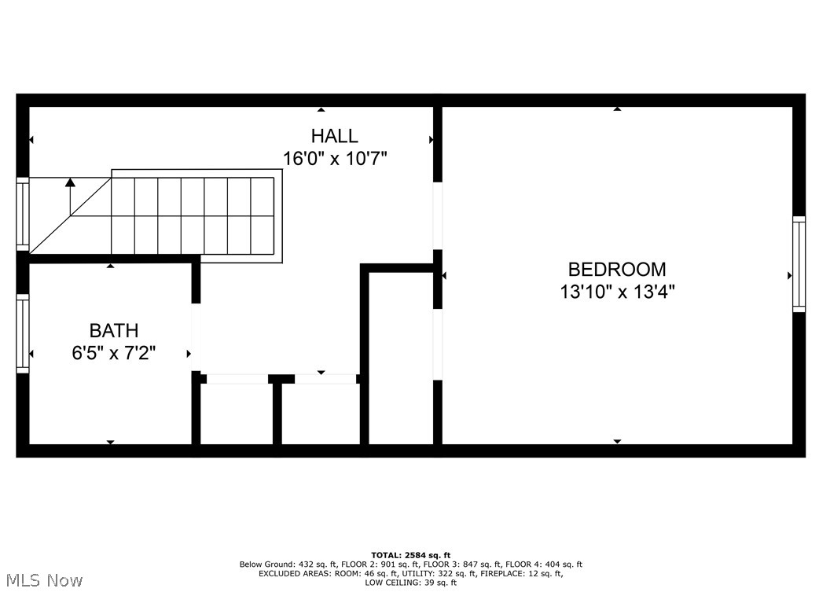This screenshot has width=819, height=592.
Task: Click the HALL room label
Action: tap(334, 136)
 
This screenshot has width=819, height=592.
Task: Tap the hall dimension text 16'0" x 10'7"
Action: tap(335, 158)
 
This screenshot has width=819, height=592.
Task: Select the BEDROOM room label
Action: tap(617, 270)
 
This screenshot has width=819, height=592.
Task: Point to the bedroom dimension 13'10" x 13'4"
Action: tap(617, 292)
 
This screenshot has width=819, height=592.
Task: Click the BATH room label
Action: tap(113, 330)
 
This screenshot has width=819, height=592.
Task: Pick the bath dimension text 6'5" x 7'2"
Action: tap(113, 353)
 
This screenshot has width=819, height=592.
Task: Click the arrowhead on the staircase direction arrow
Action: tap(71, 182)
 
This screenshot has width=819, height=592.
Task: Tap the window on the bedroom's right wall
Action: tap(799, 264)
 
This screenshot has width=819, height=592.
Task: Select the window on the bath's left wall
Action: tap(23, 333)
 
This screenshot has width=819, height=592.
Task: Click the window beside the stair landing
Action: tap(23, 215)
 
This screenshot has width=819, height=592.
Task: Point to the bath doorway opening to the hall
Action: tap(196, 337)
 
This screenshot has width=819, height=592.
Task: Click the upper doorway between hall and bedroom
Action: tap(438, 216)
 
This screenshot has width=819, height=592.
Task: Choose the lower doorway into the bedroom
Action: tap(438, 344)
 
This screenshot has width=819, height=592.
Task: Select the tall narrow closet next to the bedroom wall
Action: tap(400, 362)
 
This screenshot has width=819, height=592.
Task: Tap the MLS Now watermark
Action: tap(42, 580)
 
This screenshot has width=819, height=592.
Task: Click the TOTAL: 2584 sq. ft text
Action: tap(410, 555)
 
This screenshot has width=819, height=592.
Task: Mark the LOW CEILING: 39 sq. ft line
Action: tap(410, 583)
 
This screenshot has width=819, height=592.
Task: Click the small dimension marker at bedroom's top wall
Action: tap(617, 109)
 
